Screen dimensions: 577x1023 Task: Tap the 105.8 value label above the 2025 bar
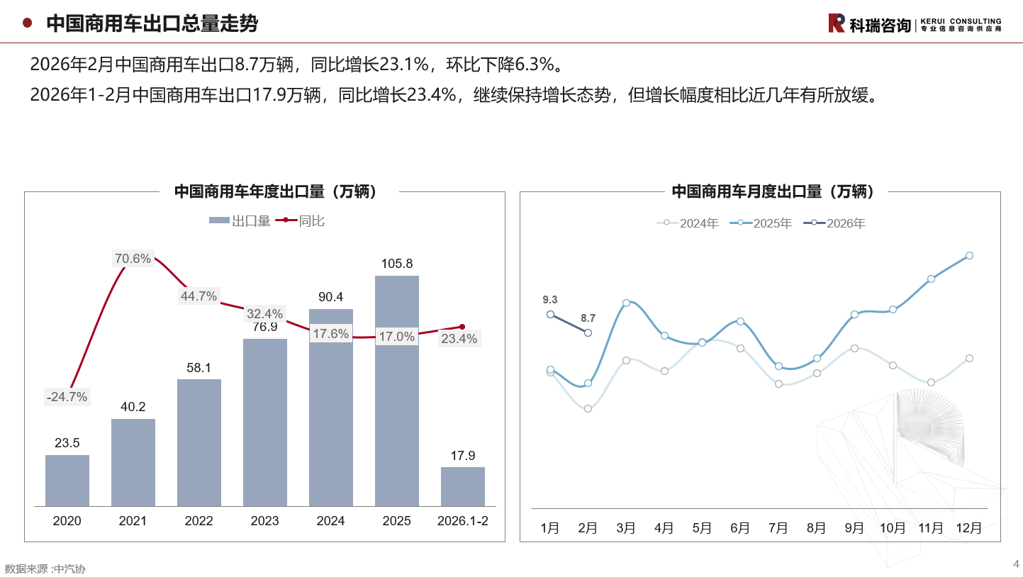(x=396, y=264)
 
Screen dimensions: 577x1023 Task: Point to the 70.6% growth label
(x=133, y=259)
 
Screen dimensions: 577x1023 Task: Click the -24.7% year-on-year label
(x=67, y=397)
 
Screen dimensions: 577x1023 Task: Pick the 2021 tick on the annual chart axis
(x=133, y=521)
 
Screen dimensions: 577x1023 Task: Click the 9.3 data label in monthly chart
(x=549, y=300)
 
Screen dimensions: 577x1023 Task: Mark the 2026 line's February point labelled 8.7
(x=588, y=332)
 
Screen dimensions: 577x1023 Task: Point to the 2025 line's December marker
(x=969, y=256)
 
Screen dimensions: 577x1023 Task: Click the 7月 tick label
(x=778, y=528)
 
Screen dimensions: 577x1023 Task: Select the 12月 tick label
(x=969, y=528)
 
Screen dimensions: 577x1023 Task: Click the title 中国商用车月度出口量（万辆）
(x=759, y=191)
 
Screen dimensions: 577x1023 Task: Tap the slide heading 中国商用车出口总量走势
(x=152, y=23)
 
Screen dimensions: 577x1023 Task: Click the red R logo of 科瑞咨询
(x=837, y=23)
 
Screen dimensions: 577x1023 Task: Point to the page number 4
(x=1016, y=564)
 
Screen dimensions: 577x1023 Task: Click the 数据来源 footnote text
(x=45, y=568)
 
